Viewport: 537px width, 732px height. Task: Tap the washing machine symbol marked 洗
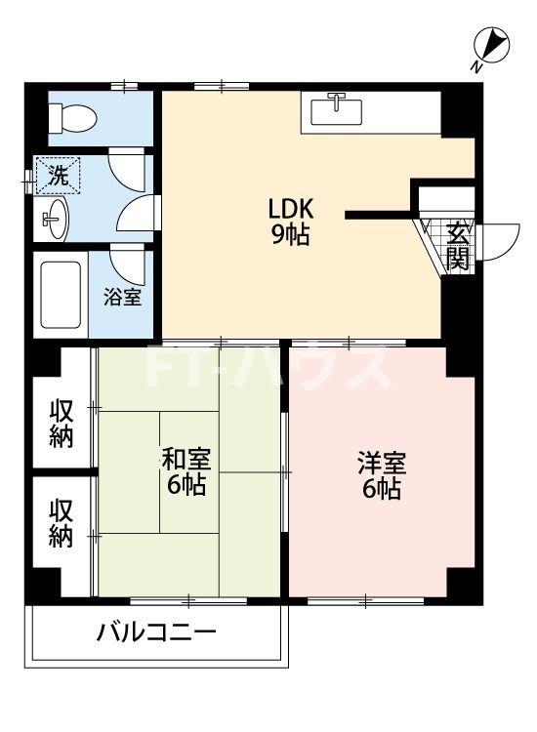tap(59, 177)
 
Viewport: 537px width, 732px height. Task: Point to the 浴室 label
tap(123, 296)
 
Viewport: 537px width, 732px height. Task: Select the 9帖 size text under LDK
tap(291, 235)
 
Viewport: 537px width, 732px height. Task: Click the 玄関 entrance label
tap(458, 246)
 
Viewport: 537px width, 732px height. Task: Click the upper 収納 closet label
tap(62, 423)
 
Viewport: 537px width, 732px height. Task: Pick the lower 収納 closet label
tap(62, 523)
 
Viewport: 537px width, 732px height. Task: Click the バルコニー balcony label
tap(156, 633)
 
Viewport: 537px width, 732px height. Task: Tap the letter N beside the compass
tap(475, 66)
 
